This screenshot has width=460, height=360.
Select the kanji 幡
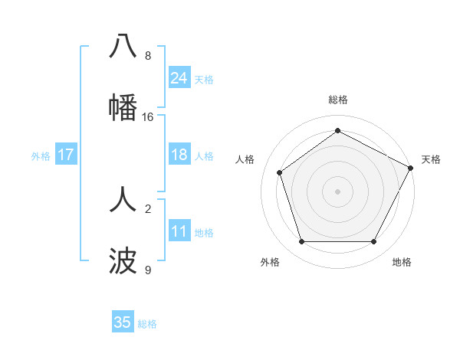123,107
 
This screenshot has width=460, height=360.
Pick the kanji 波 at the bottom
123,261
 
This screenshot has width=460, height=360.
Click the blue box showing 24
179,78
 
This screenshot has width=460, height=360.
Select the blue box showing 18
179,155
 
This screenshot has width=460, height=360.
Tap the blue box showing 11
179,231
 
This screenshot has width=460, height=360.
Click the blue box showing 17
66,155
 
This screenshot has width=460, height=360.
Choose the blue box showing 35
123,322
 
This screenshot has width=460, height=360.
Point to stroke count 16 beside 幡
148,117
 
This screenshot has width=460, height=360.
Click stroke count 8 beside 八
148,56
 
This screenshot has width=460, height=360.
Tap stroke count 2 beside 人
148,208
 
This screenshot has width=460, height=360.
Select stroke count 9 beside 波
148,270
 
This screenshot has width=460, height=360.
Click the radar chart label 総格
337,100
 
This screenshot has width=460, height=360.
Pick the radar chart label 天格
431,159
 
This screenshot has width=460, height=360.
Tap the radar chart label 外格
270,262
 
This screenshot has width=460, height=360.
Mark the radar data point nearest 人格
280,172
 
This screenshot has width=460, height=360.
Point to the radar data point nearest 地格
373,241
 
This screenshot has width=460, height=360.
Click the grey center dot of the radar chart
337,191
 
